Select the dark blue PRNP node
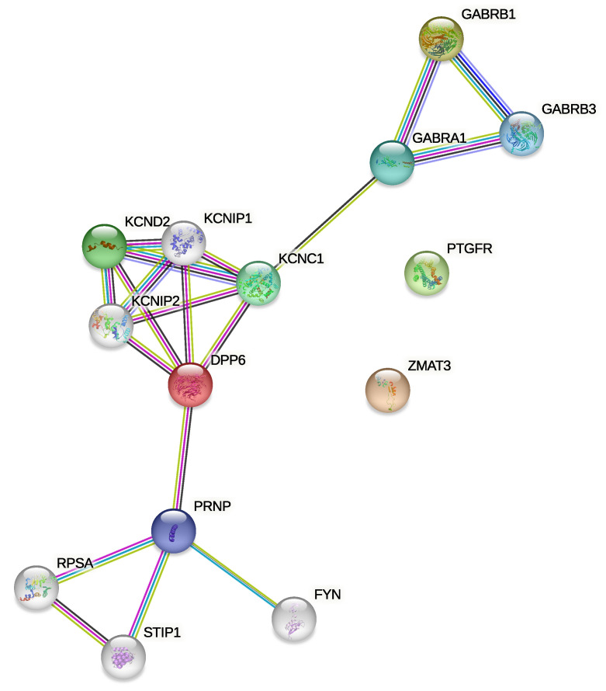pos(173,531)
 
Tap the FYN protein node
pos(295,619)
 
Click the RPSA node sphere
pos(36,588)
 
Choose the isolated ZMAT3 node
pos(387,391)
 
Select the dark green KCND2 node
pos(105,246)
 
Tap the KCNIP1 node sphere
pos(185,243)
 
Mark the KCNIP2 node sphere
pos(111,325)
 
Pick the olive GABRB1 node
pos(441,36)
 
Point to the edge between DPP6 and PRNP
pos(182,458)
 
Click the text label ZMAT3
pos(429,364)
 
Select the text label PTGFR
pos(469,249)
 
